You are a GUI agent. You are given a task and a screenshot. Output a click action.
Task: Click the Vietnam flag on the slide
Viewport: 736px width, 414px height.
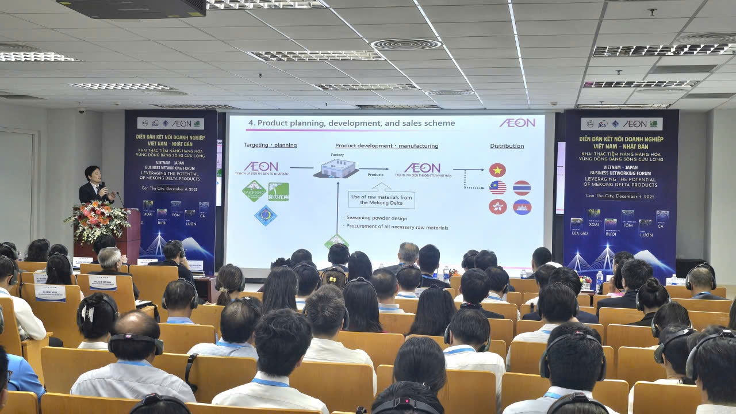coord(497,170)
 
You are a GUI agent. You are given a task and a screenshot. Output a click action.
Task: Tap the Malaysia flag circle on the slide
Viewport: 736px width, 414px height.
coord(497,188)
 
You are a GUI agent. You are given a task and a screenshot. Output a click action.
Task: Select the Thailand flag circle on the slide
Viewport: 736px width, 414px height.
coord(522,188)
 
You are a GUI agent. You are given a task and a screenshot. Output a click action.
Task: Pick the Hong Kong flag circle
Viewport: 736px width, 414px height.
coord(497,207)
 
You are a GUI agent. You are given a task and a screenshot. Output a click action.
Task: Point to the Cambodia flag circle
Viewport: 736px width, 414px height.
coord(522,207)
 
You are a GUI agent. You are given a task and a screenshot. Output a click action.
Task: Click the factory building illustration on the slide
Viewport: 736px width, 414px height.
coord(336,168)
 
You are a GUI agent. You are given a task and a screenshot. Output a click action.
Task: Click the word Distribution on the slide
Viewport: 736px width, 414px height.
coord(507,146)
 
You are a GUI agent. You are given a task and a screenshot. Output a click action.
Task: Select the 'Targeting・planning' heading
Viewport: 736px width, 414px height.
coord(270,145)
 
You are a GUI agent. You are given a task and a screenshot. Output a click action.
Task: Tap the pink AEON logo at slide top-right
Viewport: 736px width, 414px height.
coord(516,123)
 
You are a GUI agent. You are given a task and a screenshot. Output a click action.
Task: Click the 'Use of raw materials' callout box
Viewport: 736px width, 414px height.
coord(381,199)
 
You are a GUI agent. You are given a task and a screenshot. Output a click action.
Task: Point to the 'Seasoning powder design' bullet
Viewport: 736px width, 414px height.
coord(377,218)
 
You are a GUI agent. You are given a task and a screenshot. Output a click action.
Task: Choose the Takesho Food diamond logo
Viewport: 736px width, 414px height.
coord(254,191)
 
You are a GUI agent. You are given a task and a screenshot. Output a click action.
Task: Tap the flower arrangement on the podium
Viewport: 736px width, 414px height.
coord(98,219)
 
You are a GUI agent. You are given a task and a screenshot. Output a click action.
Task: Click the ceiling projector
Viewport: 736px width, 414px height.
coord(132,7)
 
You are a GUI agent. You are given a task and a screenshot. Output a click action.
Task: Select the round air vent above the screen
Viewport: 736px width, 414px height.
coord(406,44)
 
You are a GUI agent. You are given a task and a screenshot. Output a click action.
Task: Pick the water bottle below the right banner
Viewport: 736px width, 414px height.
coord(599,281)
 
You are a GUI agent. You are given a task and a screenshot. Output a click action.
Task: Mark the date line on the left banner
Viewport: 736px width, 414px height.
coord(170,196)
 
